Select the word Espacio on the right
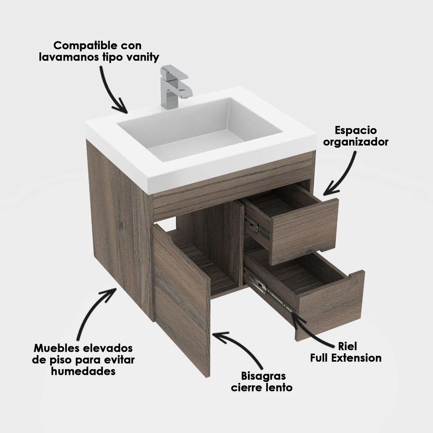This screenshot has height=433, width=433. pos(356,131)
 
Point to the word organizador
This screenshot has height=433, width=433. pos(356,142)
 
